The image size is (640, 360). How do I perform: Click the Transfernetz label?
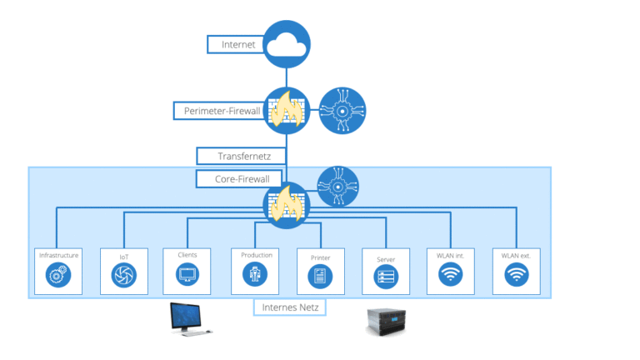(240, 156)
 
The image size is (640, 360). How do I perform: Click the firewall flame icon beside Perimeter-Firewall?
(287, 111)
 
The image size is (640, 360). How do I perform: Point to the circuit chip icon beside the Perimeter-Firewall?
(342, 111)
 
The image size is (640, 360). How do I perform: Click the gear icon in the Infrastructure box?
(58, 274)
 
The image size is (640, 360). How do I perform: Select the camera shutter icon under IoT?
(123, 274)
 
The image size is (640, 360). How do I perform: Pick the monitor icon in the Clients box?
(187, 273)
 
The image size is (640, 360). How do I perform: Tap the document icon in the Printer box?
(321, 274)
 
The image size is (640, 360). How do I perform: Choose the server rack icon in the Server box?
(386, 274)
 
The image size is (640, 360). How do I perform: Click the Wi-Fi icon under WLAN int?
(451, 273)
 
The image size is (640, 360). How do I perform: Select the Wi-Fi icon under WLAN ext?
(516, 273)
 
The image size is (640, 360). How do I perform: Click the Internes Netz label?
(289, 307)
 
